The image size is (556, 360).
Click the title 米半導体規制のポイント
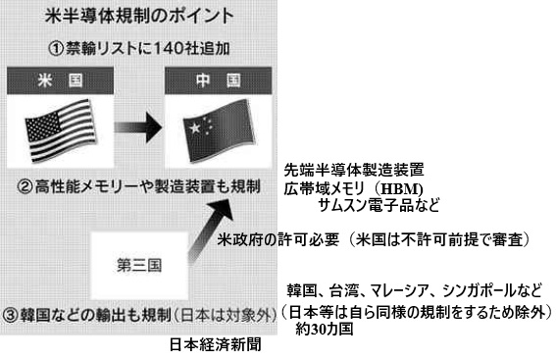[x=139, y=16]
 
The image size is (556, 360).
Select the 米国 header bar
[x=60, y=80]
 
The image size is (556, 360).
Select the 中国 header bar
[x=219, y=80]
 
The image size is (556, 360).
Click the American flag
[x=61, y=130]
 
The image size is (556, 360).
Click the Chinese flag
[x=219, y=130]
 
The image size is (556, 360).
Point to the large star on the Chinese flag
[x=195, y=128]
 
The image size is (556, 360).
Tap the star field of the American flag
[x=43, y=126]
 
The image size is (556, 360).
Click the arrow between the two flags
[x=138, y=128]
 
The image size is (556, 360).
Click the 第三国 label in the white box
[x=139, y=265]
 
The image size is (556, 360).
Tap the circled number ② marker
[x=25, y=187]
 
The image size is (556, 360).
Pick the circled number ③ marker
[x=10, y=315]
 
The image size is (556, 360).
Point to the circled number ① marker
[x=56, y=49]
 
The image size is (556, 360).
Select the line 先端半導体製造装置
[x=354, y=171]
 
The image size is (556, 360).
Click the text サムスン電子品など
[x=379, y=205]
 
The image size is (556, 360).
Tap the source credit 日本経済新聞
[x=215, y=344]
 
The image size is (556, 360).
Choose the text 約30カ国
[x=325, y=330]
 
